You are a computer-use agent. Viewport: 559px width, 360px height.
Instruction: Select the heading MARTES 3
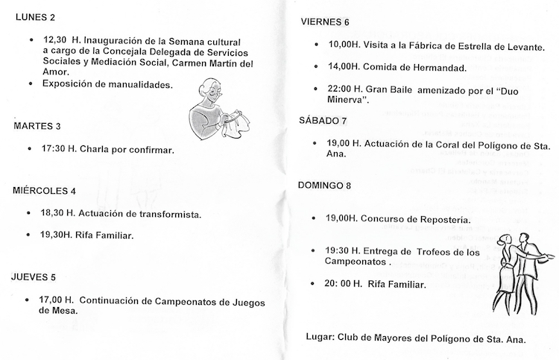(x=37, y=127)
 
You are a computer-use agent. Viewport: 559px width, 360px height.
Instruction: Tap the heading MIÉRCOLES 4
(x=45, y=191)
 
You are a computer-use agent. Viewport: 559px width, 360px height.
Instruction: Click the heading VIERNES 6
(x=324, y=22)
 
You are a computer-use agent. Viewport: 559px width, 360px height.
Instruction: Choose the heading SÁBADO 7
(x=323, y=119)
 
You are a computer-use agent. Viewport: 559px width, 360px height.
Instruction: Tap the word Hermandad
(x=435, y=68)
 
